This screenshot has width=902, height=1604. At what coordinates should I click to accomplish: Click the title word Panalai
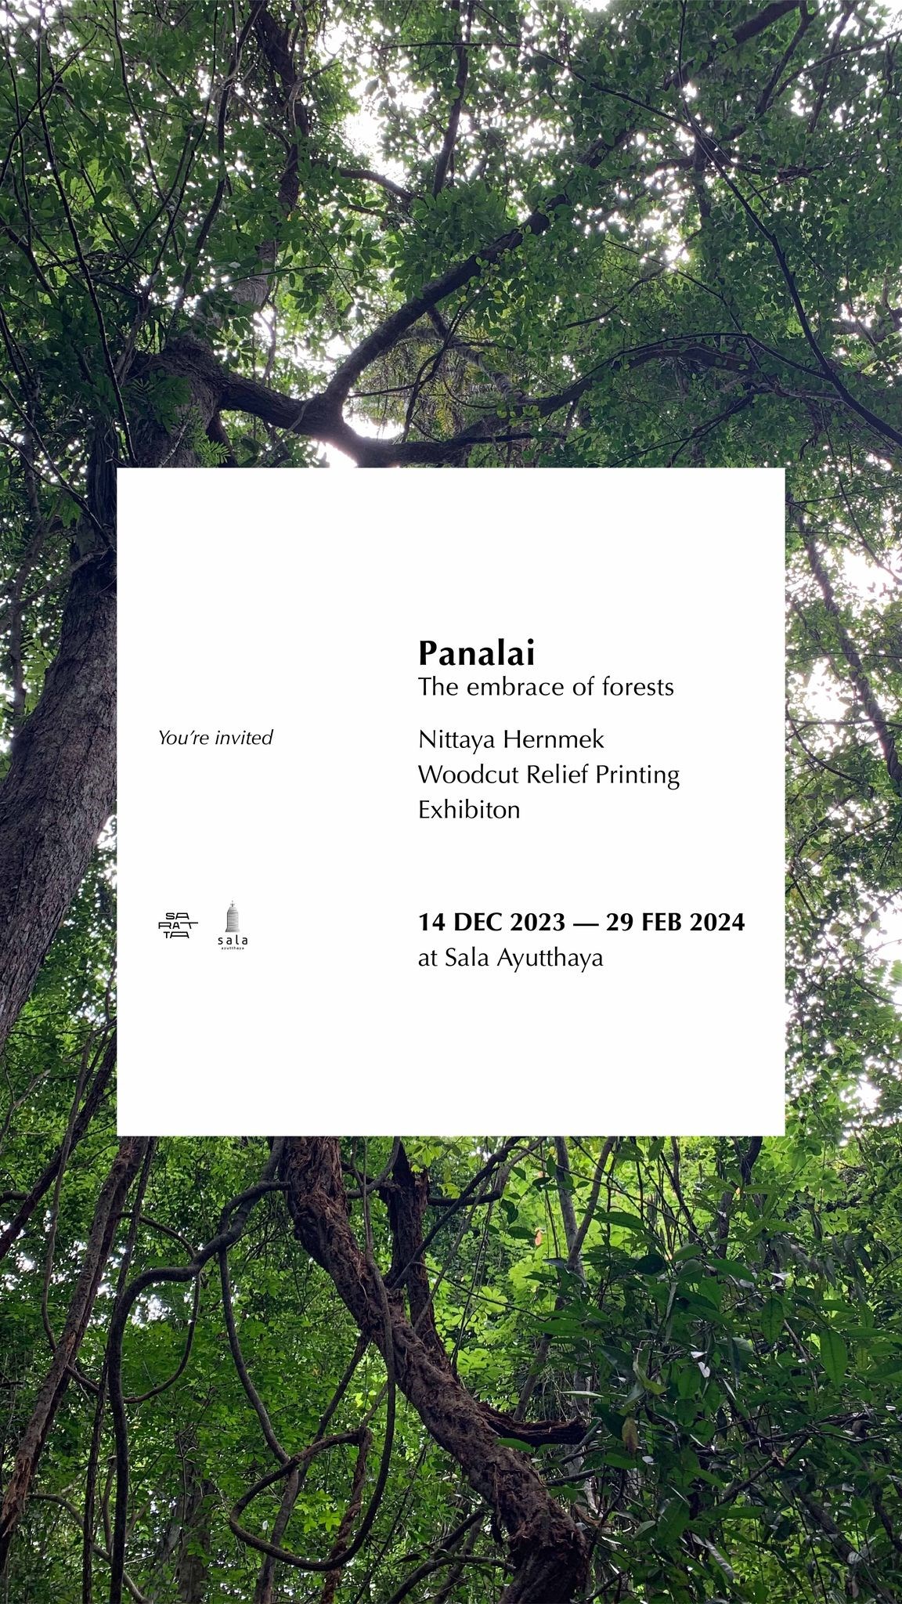[x=476, y=652]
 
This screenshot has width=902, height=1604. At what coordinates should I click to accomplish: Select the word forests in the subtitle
[x=638, y=687]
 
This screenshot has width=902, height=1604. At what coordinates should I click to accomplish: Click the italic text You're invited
[x=215, y=738]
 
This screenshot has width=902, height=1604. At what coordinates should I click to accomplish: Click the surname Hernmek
[x=554, y=739]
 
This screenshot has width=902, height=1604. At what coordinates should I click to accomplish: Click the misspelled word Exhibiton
[x=469, y=809]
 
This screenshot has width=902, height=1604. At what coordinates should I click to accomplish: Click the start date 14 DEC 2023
[x=491, y=922]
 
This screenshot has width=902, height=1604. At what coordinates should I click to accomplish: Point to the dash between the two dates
[x=585, y=923]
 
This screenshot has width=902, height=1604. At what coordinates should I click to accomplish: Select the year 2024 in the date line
[x=717, y=922]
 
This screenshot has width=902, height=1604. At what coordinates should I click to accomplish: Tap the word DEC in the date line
[x=478, y=922]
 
